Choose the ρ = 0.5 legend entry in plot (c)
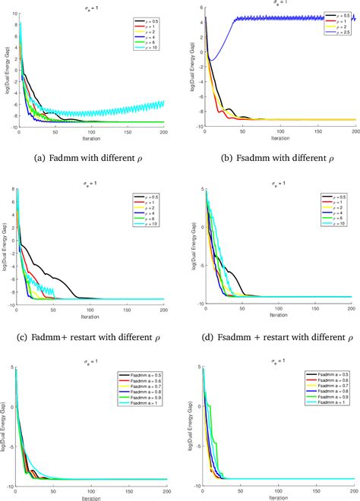click(147, 196)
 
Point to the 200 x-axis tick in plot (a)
click(163, 131)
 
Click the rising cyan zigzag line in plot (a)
click(144, 107)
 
